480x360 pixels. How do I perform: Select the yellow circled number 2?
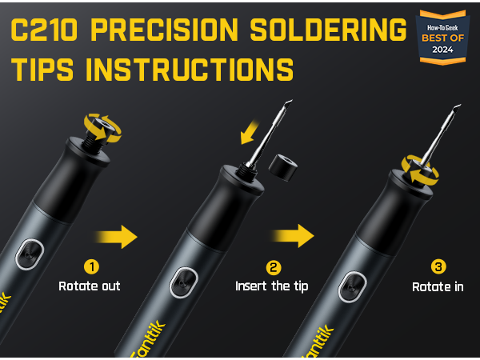coord(273,266)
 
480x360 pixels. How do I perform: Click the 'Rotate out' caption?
coord(89,286)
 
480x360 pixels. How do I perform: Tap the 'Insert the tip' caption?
coord(273,286)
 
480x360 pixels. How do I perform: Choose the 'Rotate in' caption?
coord(438,286)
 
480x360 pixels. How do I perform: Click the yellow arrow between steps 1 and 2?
coord(117,236)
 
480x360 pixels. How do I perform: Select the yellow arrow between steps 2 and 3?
coord(293,236)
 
